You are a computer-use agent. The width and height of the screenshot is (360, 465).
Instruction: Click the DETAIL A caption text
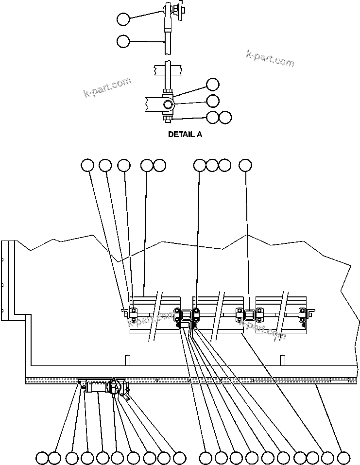click(185, 135)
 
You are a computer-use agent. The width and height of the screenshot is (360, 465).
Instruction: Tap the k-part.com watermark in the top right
click(270, 58)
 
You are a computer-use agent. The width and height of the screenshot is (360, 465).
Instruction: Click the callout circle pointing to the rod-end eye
click(123, 19)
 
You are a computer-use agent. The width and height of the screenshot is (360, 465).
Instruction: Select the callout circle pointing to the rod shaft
click(123, 41)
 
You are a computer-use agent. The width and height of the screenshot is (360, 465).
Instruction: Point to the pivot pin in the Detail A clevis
click(168, 104)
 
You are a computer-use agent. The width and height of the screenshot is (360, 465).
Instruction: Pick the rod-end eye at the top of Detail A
click(168, 10)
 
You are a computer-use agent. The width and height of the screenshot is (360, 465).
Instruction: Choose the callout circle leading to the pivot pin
click(213, 101)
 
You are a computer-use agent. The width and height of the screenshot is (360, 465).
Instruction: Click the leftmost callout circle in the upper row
click(87, 165)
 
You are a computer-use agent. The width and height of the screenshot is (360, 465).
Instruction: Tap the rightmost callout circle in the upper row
click(246, 165)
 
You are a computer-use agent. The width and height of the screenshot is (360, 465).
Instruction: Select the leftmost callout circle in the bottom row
click(42, 457)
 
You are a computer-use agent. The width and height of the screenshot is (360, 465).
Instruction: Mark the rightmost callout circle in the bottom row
click(343, 457)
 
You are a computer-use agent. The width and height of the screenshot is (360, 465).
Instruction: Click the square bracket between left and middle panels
click(186, 317)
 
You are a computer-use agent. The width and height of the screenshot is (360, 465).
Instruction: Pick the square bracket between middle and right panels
click(249, 315)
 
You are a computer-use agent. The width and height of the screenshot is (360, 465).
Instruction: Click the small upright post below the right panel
click(281, 360)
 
